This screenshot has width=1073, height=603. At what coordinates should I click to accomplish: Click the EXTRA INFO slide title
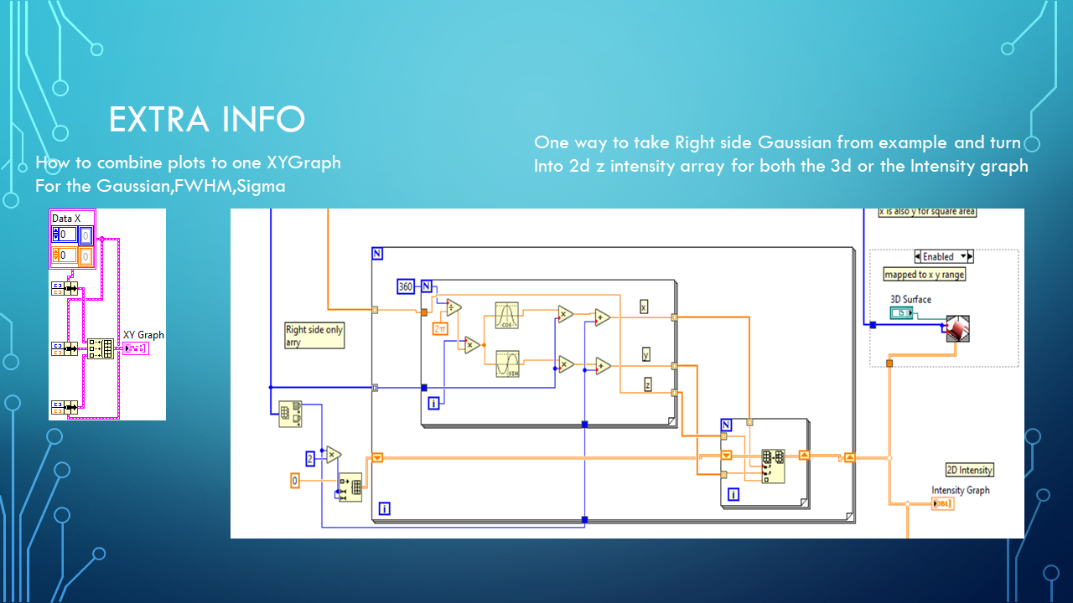click(206, 121)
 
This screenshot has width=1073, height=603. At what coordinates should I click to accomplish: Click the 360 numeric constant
click(406, 287)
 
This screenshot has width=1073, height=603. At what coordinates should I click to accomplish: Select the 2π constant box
click(439, 329)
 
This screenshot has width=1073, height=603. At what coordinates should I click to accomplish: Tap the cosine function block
click(506, 314)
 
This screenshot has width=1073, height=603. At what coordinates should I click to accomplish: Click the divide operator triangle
click(454, 307)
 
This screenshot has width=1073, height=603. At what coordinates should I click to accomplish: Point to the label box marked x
click(644, 306)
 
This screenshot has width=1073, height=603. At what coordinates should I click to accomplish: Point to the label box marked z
click(648, 384)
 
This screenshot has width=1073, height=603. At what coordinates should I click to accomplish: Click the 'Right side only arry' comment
click(314, 336)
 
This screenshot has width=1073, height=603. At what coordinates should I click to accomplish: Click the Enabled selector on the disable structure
click(943, 256)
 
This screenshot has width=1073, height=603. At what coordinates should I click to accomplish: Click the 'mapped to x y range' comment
click(924, 275)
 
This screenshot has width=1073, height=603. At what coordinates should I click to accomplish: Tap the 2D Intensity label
click(969, 470)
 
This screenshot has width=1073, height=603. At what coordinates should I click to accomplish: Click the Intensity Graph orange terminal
click(942, 503)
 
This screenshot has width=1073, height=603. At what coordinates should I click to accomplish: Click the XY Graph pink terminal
click(135, 348)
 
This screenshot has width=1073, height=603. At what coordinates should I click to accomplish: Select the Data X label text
click(66, 218)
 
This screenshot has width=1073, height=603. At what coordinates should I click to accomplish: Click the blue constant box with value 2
click(309, 458)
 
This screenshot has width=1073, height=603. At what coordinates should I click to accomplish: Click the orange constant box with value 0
click(294, 481)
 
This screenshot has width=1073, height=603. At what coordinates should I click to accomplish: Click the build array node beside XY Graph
click(101, 348)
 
